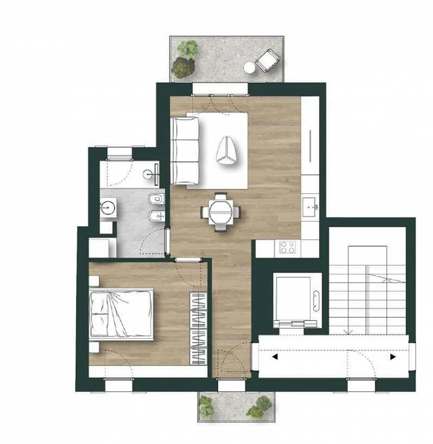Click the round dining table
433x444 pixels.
(221, 212)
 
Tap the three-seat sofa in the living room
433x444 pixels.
(184, 151)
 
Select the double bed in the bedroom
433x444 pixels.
(121, 314)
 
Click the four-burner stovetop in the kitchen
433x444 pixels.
(287, 247)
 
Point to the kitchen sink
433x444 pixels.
(309, 207)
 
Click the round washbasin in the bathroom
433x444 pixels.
(108, 207)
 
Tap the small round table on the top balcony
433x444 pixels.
(249, 67)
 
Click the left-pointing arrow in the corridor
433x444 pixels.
(275, 357)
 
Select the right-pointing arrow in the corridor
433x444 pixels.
(393, 357)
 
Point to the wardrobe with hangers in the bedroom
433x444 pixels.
(198, 329)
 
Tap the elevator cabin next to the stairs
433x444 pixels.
(293, 298)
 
